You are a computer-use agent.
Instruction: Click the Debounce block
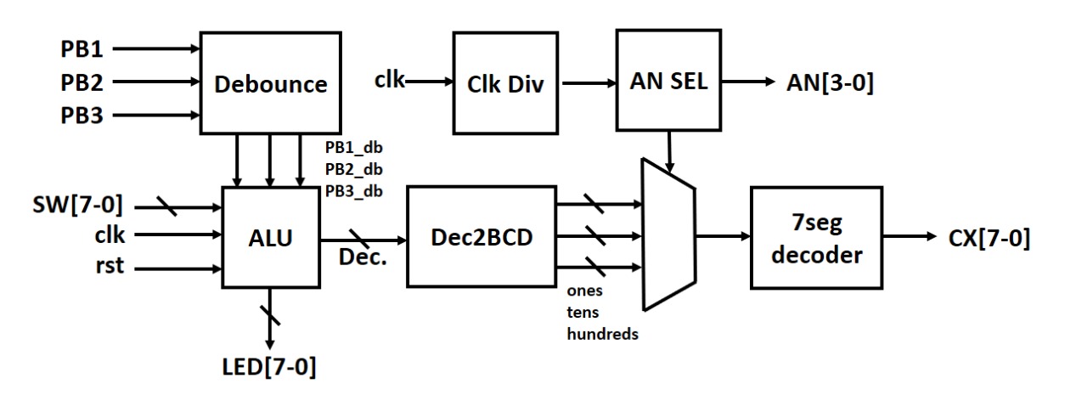[x=271, y=83]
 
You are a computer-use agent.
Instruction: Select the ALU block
[x=271, y=239]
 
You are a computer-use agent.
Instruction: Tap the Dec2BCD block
[x=481, y=236]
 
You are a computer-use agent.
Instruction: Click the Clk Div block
[x=505, y=83]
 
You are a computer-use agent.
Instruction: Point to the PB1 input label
[x=83, y=48]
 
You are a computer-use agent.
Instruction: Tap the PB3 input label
[x=83, y=115]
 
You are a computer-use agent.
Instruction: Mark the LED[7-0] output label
[x=269, y=368]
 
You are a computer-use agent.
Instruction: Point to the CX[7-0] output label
[x=988, y=239]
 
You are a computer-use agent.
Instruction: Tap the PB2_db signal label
[x=353, y=169]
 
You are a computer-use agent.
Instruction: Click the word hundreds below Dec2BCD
[x=602, y=334]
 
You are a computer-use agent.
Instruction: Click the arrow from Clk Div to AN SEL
[x=588, y=83]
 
